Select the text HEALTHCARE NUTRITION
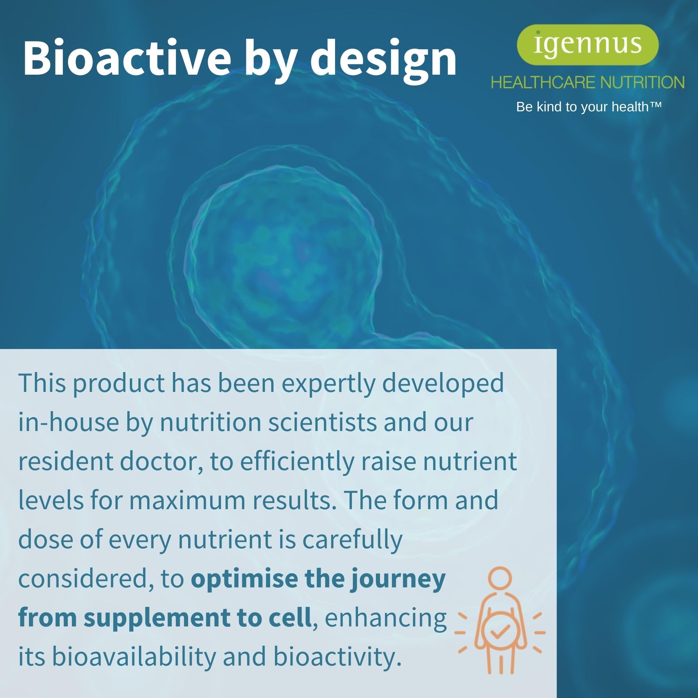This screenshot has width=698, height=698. pos(587,82)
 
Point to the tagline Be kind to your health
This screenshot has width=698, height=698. pos(589,107)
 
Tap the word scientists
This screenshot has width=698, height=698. pos(322,423)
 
